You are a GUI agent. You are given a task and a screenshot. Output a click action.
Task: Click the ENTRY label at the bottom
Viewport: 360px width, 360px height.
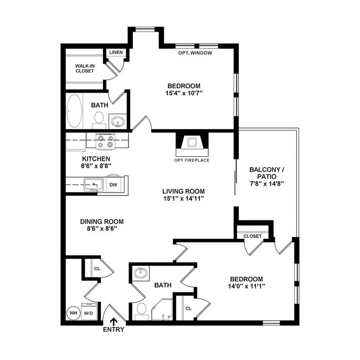click(114, 330)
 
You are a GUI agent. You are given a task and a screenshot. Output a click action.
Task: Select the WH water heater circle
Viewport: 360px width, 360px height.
click(73, 312)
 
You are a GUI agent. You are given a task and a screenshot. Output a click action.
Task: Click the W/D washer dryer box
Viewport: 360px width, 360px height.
click(89, 312)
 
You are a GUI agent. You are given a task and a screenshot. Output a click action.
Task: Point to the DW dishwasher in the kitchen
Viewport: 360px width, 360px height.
click(113, 185)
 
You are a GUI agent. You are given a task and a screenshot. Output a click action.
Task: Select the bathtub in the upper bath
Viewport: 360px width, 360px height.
click(74, 111)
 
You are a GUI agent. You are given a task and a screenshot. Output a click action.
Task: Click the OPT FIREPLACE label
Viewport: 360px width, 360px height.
click(192, 160)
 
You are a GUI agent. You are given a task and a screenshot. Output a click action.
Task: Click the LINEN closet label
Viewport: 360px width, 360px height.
click(116, 53)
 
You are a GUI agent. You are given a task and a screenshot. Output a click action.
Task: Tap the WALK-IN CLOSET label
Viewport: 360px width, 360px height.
click(85, 68)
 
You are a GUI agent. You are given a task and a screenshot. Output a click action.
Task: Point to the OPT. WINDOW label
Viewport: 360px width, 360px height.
click(196, 53)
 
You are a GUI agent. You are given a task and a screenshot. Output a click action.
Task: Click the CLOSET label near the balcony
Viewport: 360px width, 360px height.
click(253, 236)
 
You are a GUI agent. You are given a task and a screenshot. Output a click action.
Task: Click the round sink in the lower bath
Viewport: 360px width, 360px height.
click(141, 273)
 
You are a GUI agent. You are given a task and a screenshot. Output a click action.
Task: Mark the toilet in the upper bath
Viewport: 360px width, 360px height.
click(99, 118)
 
